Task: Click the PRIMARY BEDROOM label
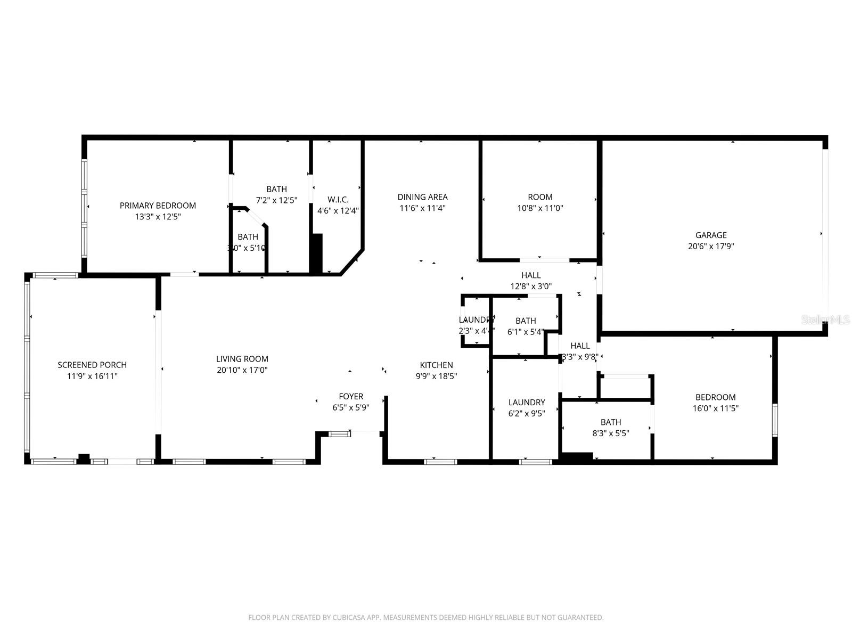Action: [x=158, y=206]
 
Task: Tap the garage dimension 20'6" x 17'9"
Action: [x=711, y=247]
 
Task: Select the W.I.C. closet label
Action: [x=338, y=200]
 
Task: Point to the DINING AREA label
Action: [x=423, y=197]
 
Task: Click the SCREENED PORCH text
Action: [x=92, y=365]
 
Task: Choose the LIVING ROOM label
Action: [x=242, y=359]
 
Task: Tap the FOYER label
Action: [x=351, y=396]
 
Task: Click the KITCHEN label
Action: [x=437, y=365]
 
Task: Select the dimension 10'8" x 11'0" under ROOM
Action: [x=540, y=208]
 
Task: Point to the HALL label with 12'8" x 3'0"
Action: [x=531, y=275]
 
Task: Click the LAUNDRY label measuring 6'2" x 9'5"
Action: [x=527, y=403]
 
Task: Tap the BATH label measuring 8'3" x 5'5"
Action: [x=611, y=422]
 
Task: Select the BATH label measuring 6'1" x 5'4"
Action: [x=526, y=321]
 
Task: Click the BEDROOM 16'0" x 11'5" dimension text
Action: [x=716, y=408]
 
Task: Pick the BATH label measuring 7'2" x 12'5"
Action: [x=276, y=189]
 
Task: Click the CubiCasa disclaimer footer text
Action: [x=426, y=618]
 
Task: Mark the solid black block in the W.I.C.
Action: [x=316, y=253]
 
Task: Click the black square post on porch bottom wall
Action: [x=84, y=458]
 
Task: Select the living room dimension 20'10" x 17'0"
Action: [x=242, y=370]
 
